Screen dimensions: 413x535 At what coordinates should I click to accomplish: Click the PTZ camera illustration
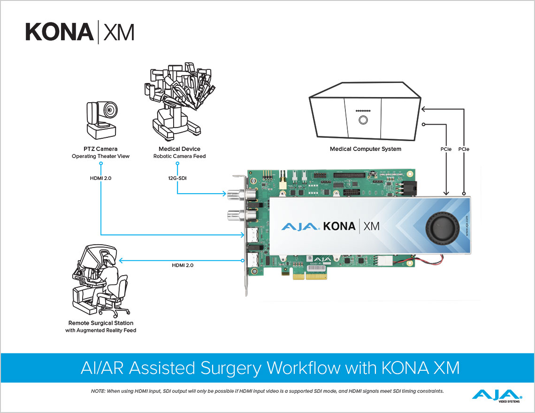(104, 120)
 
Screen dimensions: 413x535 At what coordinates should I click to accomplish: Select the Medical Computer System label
(365, 149)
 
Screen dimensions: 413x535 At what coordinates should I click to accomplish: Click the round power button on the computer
(363, 120)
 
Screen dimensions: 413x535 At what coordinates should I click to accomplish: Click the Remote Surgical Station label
(100, 323)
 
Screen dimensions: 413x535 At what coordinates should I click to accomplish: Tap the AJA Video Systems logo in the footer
(497, 395)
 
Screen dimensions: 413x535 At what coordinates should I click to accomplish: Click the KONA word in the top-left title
(60, 31)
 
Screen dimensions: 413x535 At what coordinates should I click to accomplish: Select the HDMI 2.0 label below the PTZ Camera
(101, 178)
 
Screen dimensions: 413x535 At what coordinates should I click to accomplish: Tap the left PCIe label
(446, 149)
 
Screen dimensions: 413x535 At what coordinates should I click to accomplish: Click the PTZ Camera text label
(101, 149)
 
